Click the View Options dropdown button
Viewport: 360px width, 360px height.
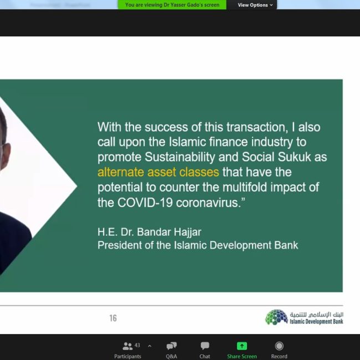[x=255, y=5]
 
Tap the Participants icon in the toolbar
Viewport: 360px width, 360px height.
[x=127, y=346]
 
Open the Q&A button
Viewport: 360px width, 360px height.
[x=172, y=346]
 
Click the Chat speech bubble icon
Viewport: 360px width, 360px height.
[x=205, y=346]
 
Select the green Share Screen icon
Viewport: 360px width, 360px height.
[x=242, y=346]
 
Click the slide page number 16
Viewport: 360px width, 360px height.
[x=113, y=318]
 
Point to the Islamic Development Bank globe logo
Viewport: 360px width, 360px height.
[x=276, y=317]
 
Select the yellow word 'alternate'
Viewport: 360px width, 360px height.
[x=121, y=172]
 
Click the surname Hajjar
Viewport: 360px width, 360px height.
[x=188, y=232]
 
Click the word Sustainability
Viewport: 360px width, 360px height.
[x=180, y=157]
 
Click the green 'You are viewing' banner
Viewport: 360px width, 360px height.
[x=172, y=5]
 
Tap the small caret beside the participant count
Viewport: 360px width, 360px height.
[x=150, y=346]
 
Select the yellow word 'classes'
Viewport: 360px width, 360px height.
[x=199, y=172]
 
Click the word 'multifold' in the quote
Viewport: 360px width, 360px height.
[x=245, y=187]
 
